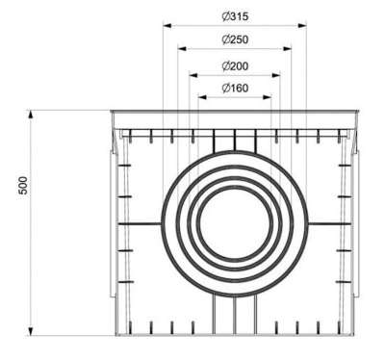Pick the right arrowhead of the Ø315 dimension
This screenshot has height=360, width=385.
click(306, 26)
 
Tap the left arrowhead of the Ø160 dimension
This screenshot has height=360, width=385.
click(200, 98)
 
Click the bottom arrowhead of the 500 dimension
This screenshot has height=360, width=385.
click(33, 333)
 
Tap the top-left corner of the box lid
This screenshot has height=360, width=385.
click(112, 112)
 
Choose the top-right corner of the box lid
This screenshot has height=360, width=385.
click(359, 112)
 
